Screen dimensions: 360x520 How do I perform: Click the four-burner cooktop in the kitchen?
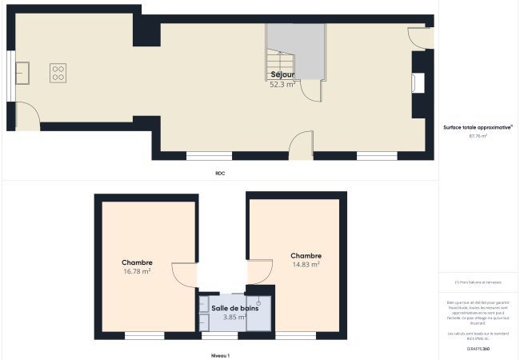point(58,74)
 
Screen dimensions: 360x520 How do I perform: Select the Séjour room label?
point(282,74)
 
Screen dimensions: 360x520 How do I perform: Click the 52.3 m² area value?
point(282,84)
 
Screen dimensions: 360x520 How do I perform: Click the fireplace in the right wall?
point(417,83)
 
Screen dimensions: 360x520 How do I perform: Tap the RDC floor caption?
point(220,173)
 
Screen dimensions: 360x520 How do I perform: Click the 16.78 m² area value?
point(137,272)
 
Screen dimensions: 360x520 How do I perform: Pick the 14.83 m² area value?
point(306,264)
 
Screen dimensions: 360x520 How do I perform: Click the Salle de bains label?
point(234,308)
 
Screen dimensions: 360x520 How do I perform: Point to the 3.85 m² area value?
point(234,318)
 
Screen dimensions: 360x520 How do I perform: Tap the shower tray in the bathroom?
point(258,313)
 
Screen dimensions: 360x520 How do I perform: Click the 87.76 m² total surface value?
point(478,136)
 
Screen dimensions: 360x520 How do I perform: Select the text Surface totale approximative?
point(478,127)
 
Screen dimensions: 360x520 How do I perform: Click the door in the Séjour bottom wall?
point(301,146)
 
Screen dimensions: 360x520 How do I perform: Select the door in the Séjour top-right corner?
point(419,37)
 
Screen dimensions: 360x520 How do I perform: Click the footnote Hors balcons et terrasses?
point(478,282)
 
